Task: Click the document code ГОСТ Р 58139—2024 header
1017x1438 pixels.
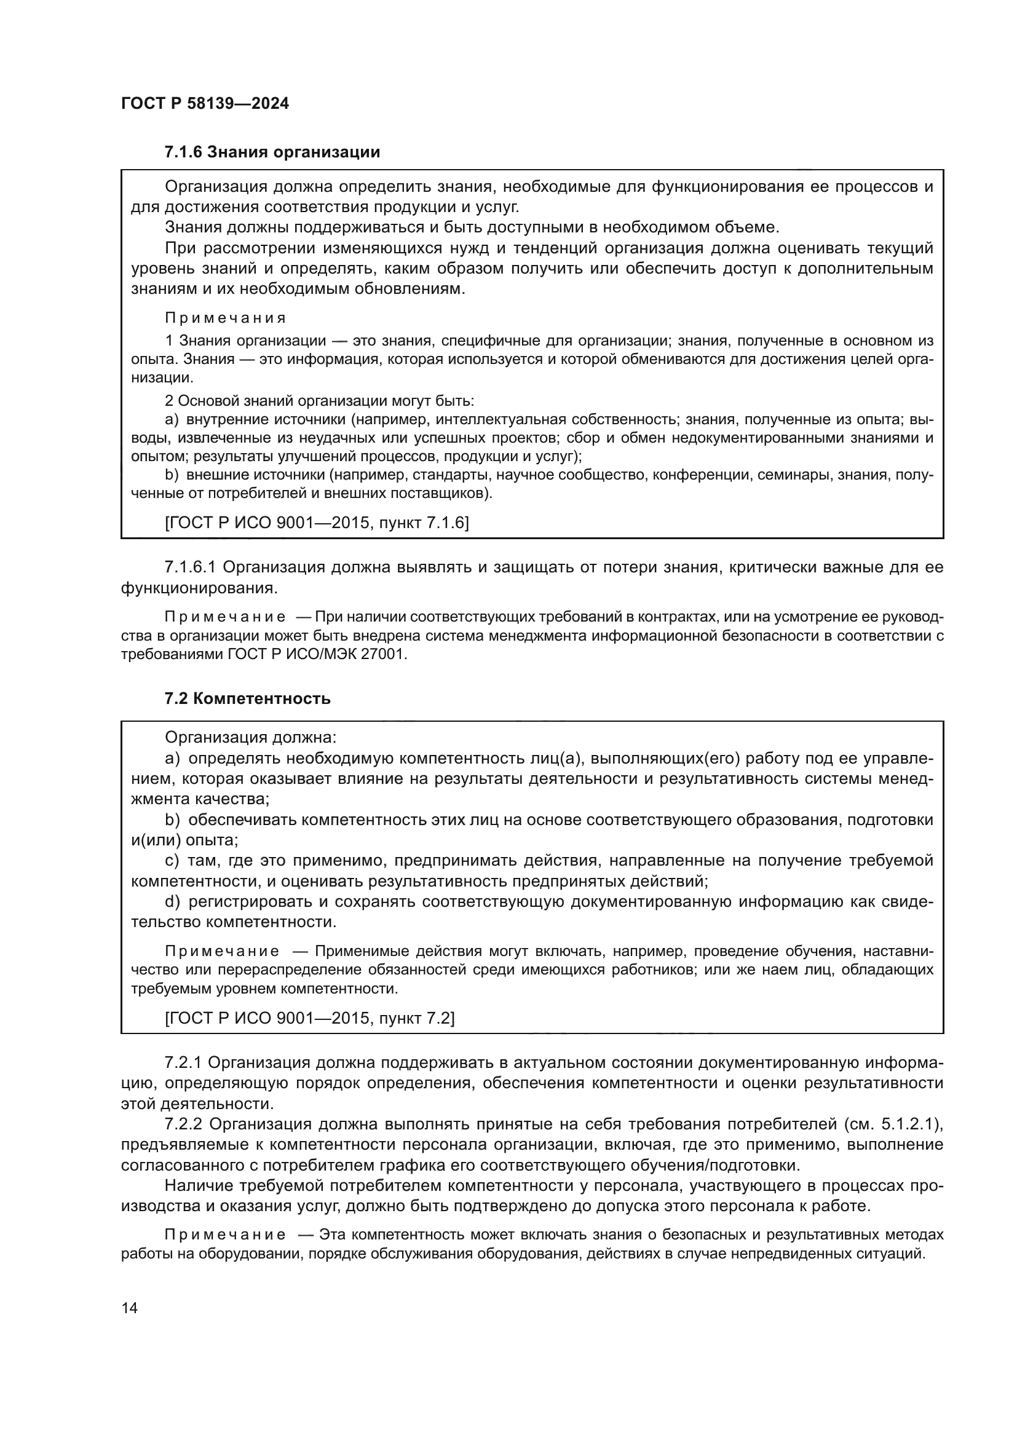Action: [205, 104]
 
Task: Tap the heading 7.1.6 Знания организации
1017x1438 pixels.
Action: [272, 152]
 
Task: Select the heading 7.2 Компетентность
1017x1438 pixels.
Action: [247, 698]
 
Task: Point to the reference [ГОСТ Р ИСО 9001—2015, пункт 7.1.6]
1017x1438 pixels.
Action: [316, 523]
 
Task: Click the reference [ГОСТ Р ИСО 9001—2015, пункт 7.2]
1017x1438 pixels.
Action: [309, 1017]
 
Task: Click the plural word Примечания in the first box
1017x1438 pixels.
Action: [226, 318]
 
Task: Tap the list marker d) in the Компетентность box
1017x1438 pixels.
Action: [172, 902]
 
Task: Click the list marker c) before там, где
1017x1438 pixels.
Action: [172, 861]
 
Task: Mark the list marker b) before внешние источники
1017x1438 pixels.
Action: [172, 475]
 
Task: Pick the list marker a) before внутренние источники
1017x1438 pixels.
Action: [172, 419]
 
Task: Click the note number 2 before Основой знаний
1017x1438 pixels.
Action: [168, 400]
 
